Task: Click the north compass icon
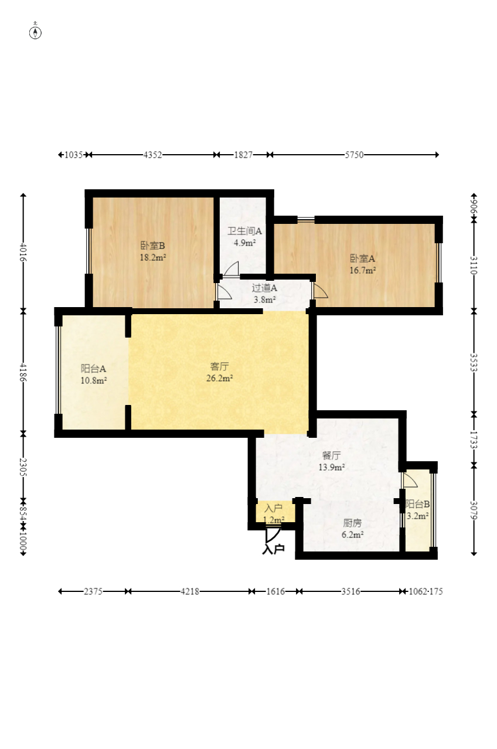pyautogui.click(x=35, y=33)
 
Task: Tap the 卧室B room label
pyautogui.click(x=152, y=246)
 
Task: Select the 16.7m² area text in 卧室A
pyautogui.click(x=363, y=270)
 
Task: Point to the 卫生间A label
pyautogui.click(x=244, y=231)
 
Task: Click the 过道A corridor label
pyautogui.click(x=264, y=288)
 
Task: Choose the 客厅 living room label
pyautogui.click(x=219, y=366)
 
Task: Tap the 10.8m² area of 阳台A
pyautogui.click(x=94, y=380)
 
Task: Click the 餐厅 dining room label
pyautogui.click(x=332, y=455)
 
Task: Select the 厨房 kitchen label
pyautogui.click(x=352, y=523)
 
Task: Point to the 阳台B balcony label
pyautogui.click(x=417, y=504)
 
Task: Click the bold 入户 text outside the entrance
pyautogui.click(x=273, y=549)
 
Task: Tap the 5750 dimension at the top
pyautogui.click(x=354, y=155)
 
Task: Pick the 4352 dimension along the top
pyautogui.click(x=152, y=155)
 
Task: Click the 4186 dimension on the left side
pyautogui.click(x=23, y=372)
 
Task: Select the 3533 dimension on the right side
pyautogui.click(x=474, y=362)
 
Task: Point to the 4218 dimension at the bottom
pyautogui.click(x=190, y=591)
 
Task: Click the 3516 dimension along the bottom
pyautogui.click(x=350, y=591)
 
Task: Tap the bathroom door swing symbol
pyautogui.click(x=232, y=269)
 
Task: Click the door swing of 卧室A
pyautogui.click(x=320, y=290)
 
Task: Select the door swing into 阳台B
pyautogui.click(x=410, y=480)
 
